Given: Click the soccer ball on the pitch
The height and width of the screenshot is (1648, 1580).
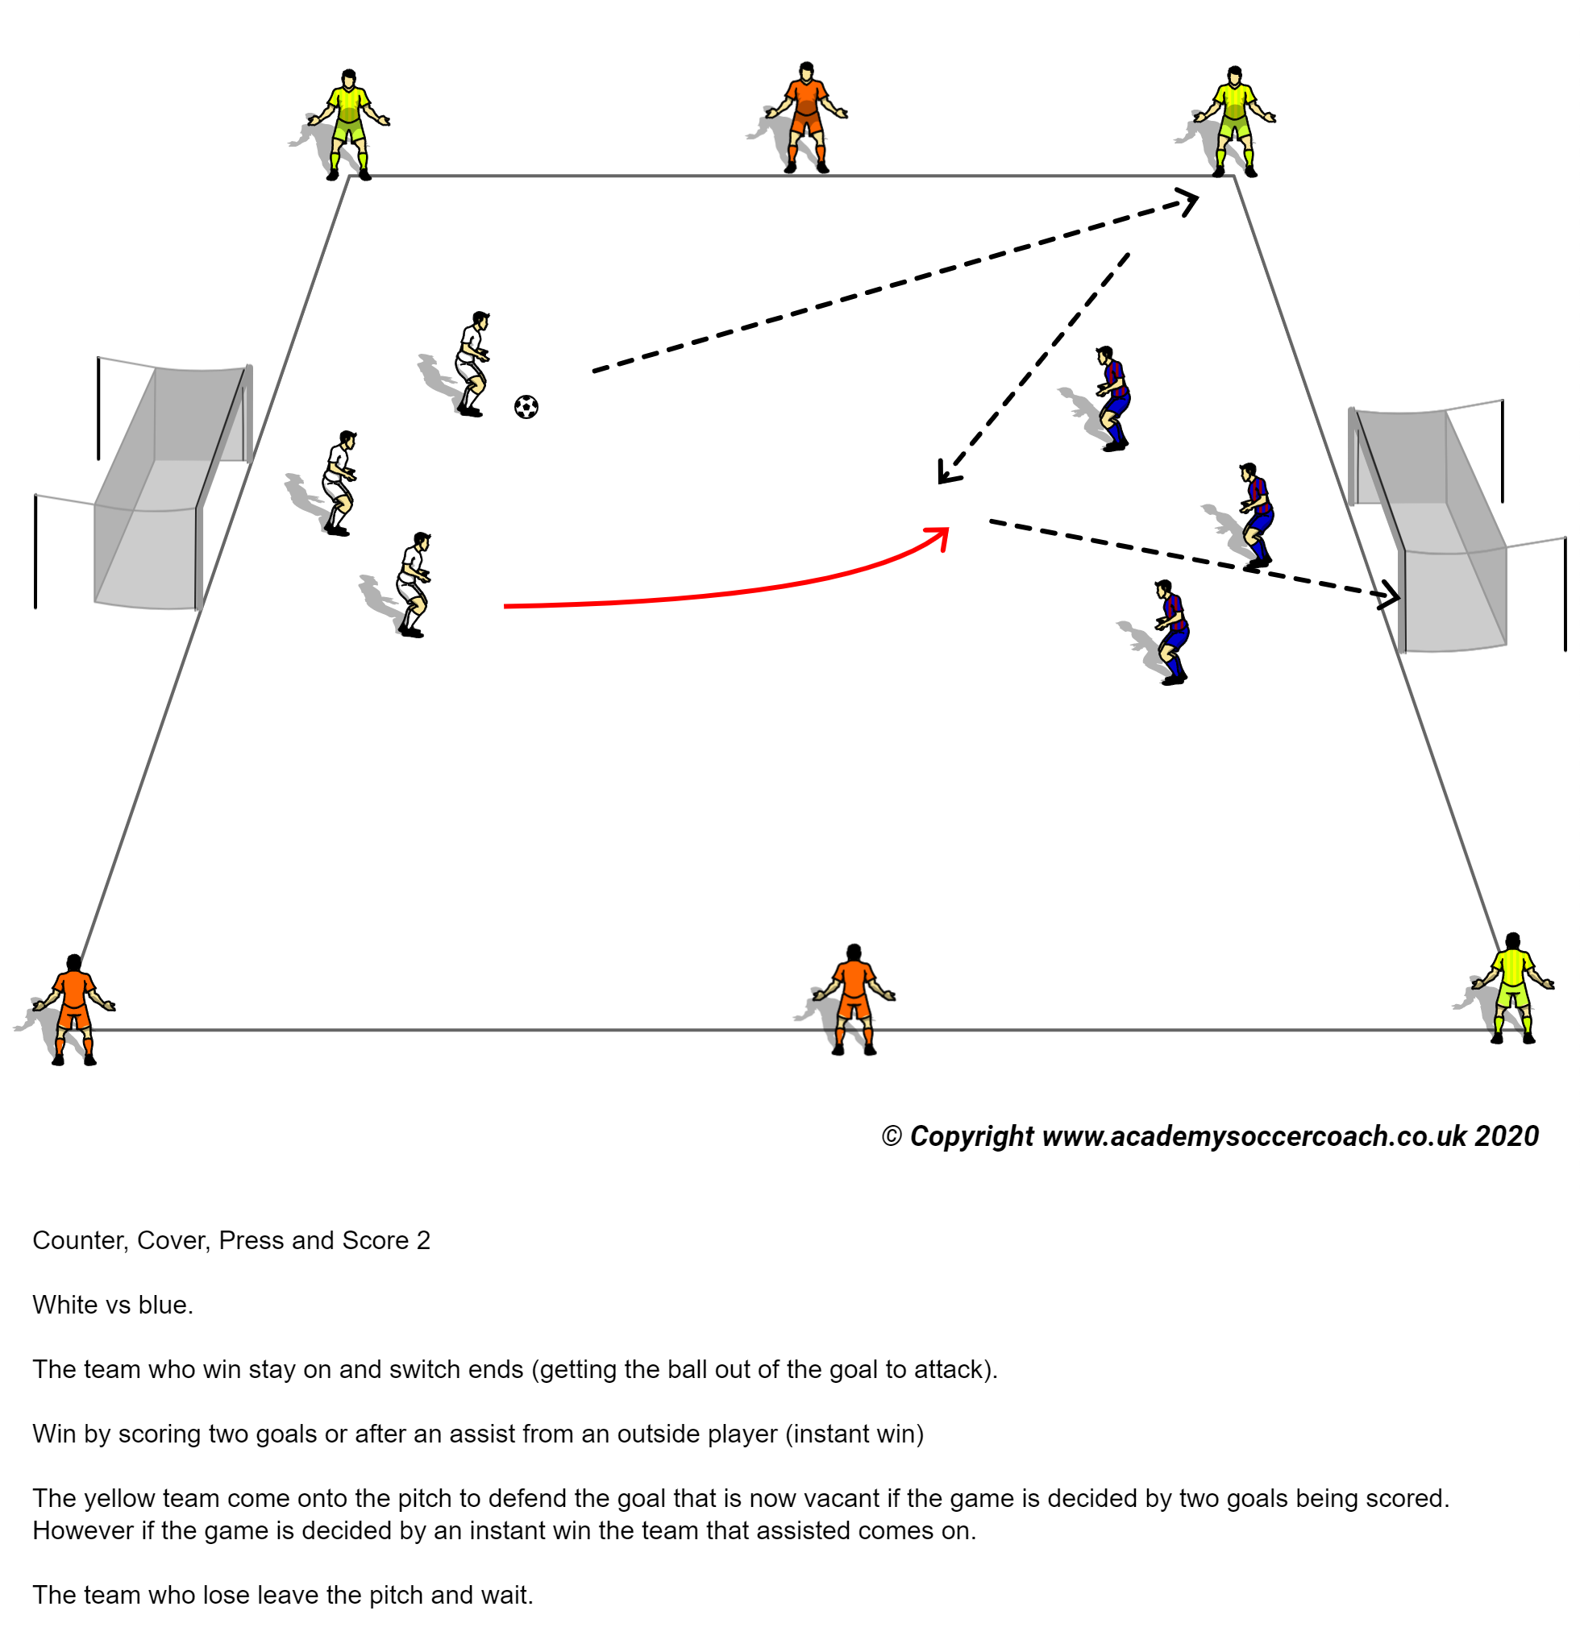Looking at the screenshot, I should tap(526, 407).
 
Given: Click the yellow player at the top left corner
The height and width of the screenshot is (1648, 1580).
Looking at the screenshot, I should tap(348, 123).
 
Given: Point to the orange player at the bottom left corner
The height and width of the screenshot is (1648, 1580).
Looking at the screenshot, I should tap(74, 1009).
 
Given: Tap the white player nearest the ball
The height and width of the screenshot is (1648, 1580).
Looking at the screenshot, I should tap(472, 363).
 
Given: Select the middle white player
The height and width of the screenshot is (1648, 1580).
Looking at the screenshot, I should tap(338, 483).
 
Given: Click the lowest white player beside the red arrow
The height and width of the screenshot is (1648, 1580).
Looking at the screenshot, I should tap(412, 583).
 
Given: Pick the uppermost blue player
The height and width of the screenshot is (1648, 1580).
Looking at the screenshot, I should tap(1112, 398).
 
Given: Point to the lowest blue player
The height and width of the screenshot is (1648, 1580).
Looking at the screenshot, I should tap(1170, 632).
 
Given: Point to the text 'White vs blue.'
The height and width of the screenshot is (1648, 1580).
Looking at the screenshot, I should tap(113, 1304).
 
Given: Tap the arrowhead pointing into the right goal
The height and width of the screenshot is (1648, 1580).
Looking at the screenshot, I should tap(1390, 597).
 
